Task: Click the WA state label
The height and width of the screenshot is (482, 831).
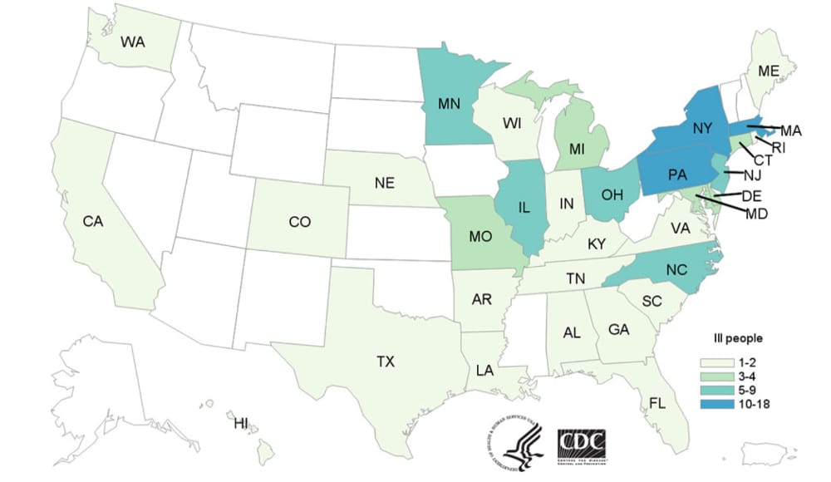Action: click(x=135, y=41)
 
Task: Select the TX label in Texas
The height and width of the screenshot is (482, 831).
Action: click(x=385, y=361)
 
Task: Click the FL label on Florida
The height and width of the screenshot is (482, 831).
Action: click(x=657, y=404)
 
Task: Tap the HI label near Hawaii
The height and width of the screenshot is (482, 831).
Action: click(x=240, y=424)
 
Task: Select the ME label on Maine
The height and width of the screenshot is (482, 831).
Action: click(x=767, y=71)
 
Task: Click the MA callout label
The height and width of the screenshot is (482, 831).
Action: click(x=790, y=130)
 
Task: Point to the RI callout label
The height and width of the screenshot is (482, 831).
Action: click(x=779, y=147)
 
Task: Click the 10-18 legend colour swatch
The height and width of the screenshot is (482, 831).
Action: click(x=713, y=405)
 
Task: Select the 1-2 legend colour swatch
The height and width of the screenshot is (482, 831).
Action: click(x=713, y=362)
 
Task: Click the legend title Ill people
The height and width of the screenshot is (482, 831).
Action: click(x=739, y=339)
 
